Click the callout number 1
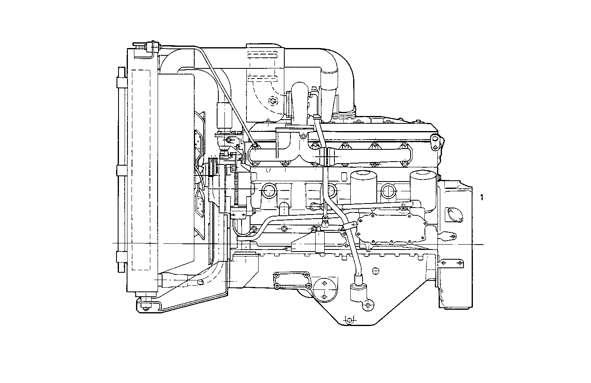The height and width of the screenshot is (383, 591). coord(482,197)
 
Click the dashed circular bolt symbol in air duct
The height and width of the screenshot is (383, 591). coord(271,100)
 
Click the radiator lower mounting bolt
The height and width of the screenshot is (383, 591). coord(145,305)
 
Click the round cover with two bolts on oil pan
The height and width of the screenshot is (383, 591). coord(323,290)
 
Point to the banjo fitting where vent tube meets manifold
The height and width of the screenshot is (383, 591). coord(255,145)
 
